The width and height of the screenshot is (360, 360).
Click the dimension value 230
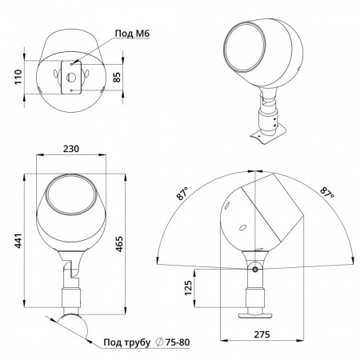(x=71, y=149)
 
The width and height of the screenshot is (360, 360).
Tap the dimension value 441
(x=18, y=241)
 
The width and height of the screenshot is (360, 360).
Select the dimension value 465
(x=119, y=244)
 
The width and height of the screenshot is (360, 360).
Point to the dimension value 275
(x=262, y=334)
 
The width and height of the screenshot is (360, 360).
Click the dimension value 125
(x=188, y=288)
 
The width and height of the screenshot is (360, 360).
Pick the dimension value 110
(x=18, y=77)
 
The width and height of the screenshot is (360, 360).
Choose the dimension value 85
(x=117, y=77)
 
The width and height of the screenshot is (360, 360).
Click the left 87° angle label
(x=182, y=194)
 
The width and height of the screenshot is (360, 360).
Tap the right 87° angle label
(x=327, y=193)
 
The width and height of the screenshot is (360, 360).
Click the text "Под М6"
(x=132, y=34)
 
